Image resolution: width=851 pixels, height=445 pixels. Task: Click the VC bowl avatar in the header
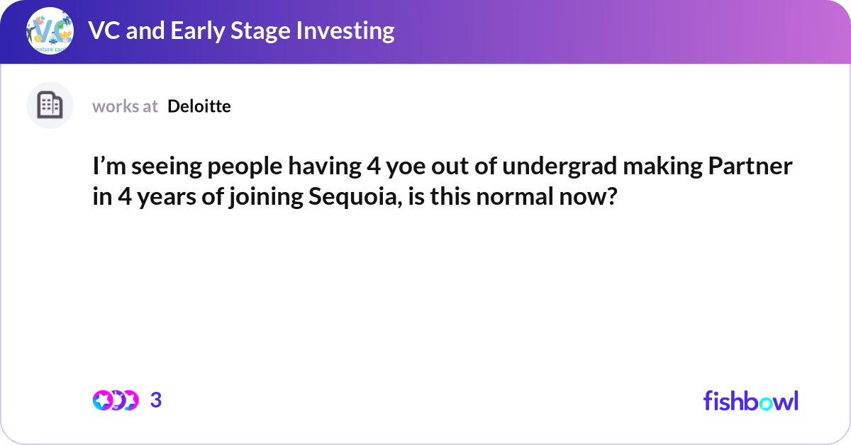pyautogui.click(x=50, y=32)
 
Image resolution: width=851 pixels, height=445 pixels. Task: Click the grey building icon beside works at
pyautogui.click(x=50, y=106)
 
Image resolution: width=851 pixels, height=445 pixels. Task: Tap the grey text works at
pyautogui.click(x=125, y=106)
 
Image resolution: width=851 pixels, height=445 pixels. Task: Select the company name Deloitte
pyautogui.click(x=199, y=106)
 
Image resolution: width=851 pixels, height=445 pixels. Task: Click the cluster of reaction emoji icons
pyautogui.click(x=115, y=400)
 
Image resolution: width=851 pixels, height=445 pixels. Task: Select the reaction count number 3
pyautogui.click(x=156, y=400)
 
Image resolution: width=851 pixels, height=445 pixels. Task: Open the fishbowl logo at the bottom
pyautogui.click(x=750, y=400)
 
